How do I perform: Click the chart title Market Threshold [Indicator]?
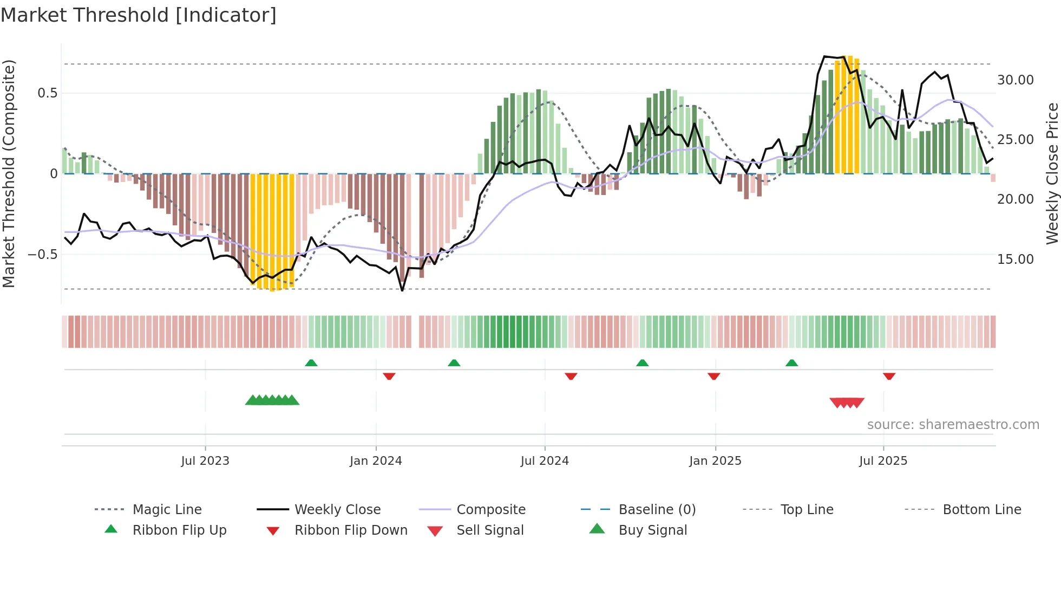click(139, 15)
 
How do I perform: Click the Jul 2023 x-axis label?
click(205, 461)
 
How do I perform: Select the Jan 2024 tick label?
click(376, 461)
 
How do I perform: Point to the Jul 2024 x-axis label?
click(545, 461)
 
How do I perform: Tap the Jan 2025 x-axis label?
click(715, 461)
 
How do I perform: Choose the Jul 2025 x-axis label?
click(883, 461)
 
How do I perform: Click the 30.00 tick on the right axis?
click(1015, 80)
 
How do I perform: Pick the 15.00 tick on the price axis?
click(1015, 259)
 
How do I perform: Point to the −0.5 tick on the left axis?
click(42, 255)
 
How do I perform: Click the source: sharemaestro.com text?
click(953, 425)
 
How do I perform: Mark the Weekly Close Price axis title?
click(1052, 173)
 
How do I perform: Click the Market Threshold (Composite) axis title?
click(9, 173)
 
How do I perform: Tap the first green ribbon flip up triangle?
click(311, 363)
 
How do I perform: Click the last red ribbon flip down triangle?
click(889, 376)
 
